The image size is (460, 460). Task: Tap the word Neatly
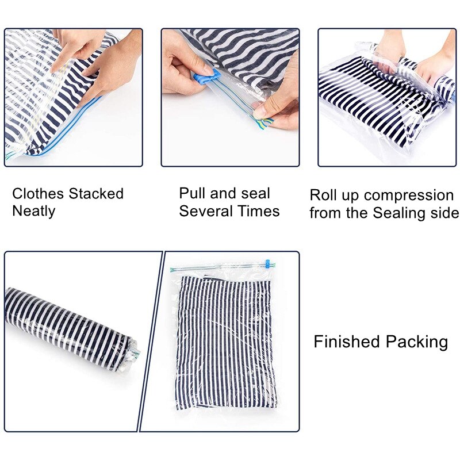click(x=33, y=211)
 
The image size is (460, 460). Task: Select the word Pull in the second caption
click(x=192, y=193)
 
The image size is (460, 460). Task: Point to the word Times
click(x=259, y=211)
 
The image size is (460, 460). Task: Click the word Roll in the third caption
click(x=323, y=195)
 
